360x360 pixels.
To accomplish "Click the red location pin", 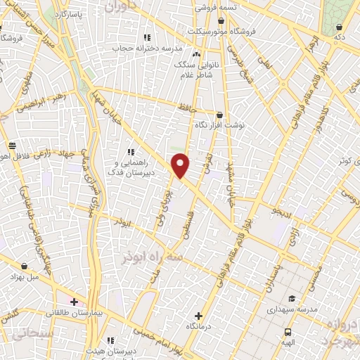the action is pos(181,166).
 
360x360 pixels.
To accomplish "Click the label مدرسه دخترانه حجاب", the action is pos(148,49).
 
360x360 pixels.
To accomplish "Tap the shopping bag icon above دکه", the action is pos(340,27).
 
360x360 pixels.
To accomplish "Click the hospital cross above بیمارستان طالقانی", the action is pos(74,302).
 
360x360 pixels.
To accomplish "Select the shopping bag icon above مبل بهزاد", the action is pos(25,266).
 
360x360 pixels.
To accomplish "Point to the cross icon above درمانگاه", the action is pos(199,316).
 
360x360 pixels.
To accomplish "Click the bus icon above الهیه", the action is pos(288,332).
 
